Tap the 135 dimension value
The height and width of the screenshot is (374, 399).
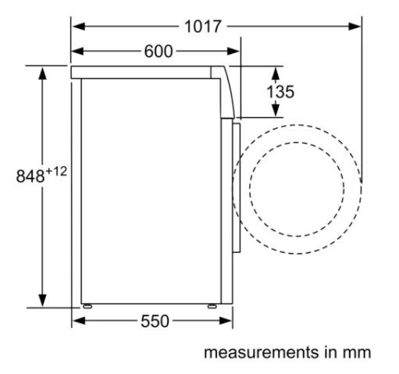280,91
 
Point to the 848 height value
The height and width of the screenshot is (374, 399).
30,176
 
